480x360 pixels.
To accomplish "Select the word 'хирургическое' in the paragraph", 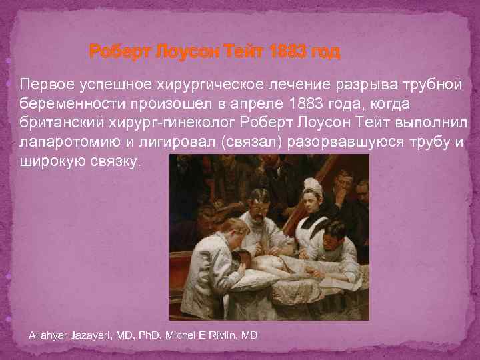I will coord(197,85).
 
